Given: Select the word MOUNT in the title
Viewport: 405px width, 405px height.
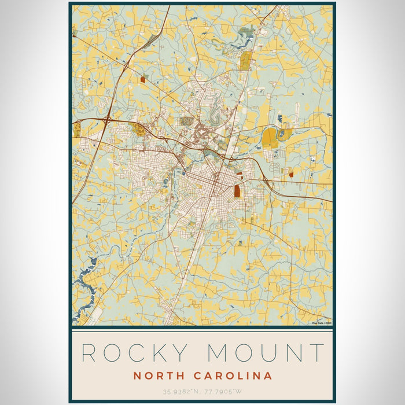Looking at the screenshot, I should point(267,353).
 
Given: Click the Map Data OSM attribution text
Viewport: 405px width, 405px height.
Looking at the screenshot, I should point(322,323).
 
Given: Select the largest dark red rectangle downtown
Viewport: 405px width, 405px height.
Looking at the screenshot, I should point(237,191).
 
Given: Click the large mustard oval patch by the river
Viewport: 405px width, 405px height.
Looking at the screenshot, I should point(269,138).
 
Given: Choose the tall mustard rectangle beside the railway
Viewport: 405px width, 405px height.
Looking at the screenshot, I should point(245,60).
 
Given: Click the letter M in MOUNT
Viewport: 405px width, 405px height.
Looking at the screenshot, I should point(218,353).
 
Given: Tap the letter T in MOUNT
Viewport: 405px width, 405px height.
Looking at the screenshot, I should point(316,353).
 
